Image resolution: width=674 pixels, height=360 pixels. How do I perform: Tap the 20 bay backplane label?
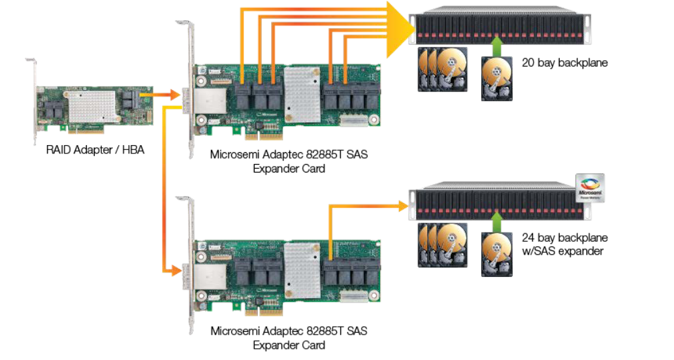click(x=565, y=63)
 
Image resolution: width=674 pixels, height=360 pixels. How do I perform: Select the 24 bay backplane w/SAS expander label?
click(x=565, y=244)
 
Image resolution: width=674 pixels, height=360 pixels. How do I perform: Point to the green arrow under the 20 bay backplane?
click(x=497, y=46)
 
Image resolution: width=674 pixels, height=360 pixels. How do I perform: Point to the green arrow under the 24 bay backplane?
click(x=497, y=221)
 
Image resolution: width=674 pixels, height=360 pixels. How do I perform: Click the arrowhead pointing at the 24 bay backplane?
click(x=401, y=206)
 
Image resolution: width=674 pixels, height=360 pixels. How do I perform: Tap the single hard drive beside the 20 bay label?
click(x=497, y=78)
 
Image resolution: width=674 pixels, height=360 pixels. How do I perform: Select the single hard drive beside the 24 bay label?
click(x=497, y=254)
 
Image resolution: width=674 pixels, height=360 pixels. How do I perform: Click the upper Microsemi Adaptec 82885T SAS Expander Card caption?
click(x=289, y=161)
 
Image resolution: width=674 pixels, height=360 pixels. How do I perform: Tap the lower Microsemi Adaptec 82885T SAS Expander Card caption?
click(x=289, y=338)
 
